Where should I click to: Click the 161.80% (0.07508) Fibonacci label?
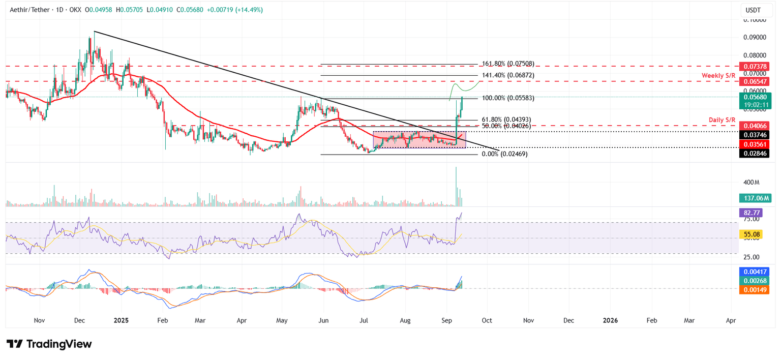(508, 64)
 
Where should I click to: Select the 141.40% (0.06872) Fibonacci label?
(508, 75)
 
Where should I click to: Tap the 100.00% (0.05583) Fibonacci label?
(508, 98)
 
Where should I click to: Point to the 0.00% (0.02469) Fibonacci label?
(504, 154)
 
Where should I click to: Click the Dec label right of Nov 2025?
(569, 321)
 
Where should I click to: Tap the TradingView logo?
(49, 344)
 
